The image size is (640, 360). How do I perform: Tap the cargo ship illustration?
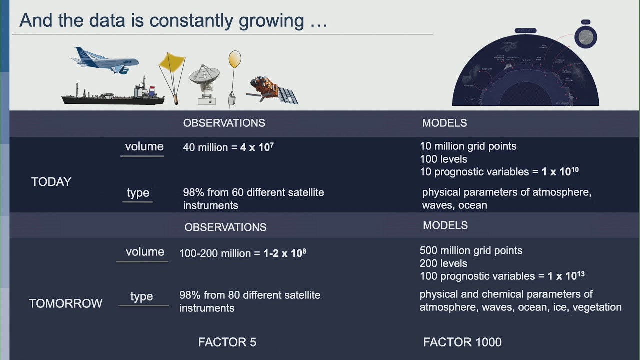112,95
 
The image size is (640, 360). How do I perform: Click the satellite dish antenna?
205,80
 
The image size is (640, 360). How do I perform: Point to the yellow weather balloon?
234,60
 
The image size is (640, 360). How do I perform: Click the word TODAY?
51,182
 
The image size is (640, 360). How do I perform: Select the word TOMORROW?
65,303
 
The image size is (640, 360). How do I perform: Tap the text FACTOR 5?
227,342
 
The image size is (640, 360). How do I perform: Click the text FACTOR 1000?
462,342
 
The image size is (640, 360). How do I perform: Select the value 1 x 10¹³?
565,276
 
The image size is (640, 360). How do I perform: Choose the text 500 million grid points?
471,250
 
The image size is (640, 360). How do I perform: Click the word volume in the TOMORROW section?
145,252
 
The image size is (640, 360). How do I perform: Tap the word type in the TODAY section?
138,193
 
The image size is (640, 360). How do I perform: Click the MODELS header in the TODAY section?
444,123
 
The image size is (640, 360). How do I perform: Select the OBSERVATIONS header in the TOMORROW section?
225,227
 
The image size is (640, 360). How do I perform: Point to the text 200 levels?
443,263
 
